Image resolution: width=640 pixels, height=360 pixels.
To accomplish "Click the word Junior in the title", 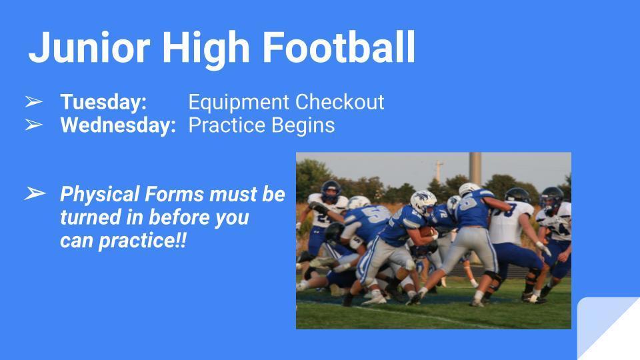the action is [x=89, y=48].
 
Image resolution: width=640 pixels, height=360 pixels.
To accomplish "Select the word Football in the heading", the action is [x=339, y=48].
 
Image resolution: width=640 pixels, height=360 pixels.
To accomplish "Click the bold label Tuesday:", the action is [x=103, y=103].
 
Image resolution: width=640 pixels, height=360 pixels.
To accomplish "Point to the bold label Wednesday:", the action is [x=118, y=125].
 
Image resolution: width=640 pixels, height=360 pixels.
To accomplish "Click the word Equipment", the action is [x=239, y=103].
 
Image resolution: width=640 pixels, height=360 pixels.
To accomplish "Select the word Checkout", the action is [x=339, y=101].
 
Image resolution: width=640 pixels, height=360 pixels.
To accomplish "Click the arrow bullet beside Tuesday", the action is [x=33, y=101].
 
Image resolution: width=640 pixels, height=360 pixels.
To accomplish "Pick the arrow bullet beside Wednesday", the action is [x=33, y=125].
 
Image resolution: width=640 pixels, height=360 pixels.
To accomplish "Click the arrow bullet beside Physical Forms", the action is [x=35, y=193].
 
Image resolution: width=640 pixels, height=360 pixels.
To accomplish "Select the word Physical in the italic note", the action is [x=100, y=195].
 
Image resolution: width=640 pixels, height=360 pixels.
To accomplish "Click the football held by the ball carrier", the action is [x=427, y=232].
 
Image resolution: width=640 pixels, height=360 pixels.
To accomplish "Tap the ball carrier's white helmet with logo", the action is [x=423, y=203].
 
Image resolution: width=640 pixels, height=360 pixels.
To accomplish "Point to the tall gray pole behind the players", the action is [x=475, y=168].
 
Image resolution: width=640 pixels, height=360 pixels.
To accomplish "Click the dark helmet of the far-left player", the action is [x=331, y=191].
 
